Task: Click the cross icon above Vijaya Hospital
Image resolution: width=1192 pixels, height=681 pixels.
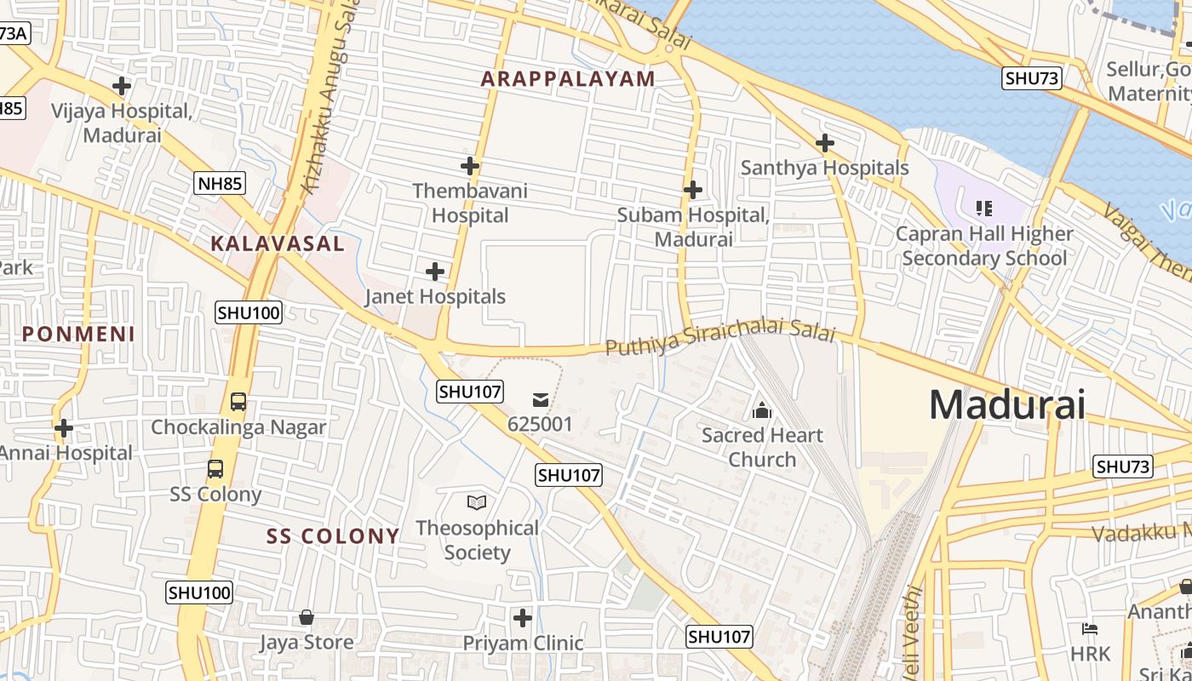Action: [x=122, y=86]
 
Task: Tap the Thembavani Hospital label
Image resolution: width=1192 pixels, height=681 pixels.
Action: [x=470, y=203]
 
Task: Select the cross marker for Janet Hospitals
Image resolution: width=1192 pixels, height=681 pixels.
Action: [x=435, y=272]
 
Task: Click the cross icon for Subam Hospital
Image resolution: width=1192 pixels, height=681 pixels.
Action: [x=693, y=190]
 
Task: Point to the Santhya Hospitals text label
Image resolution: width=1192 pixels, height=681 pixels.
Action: [x=824, y=168]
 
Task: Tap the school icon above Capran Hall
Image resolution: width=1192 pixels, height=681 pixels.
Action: [x=984, y=208]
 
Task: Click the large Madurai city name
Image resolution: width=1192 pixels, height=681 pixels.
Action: [x=1006, y=404]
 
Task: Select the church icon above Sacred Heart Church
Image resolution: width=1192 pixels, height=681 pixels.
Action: [x=762, y=411]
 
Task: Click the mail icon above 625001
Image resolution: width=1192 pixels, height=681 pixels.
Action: [x=541, y=399]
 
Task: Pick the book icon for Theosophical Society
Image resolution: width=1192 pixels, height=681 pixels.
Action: [x=477, y=502]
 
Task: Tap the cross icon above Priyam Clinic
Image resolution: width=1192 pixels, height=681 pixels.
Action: [x=523, y=617]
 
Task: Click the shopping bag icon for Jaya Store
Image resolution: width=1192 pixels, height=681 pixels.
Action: [x=307, y=617]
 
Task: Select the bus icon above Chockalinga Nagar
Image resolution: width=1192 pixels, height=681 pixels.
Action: [x=238, y=402]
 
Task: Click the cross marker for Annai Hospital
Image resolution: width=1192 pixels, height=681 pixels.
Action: [x=64, y=428]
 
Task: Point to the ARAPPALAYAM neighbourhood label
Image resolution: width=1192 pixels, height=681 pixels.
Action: [x=568, y=79]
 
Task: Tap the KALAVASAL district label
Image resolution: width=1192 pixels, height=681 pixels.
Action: [x=278, y=243]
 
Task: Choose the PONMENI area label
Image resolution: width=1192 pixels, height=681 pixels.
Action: [x=78, y=334]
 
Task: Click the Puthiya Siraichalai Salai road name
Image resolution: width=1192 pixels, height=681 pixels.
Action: [x=720, y=337]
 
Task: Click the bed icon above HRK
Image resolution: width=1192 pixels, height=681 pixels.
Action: [x=1090, y=630]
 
